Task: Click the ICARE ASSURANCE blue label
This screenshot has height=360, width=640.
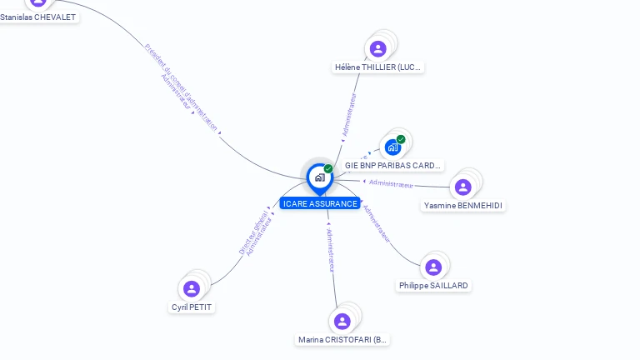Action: click(x=320, y=203)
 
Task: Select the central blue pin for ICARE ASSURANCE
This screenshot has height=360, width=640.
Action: click(x=319, y=177)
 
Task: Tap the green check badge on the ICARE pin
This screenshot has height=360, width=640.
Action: click(x=328, y=169)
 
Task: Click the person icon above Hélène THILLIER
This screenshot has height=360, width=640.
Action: click(x=377, y=48)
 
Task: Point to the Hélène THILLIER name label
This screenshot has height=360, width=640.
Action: click(x=378, y=67)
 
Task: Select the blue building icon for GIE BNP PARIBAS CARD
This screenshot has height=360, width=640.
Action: click(x=392, y=147)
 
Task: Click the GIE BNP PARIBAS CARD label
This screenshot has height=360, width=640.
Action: click(x=392, y=166)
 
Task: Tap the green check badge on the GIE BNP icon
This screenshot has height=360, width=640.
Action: click(x=401, y=139)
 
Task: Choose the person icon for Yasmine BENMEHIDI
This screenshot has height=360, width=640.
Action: click(x=463, y=187)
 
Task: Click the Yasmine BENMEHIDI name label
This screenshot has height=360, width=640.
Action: click(x=463, y=205)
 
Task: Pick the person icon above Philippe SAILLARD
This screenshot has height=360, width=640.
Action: click(x=433, y=267)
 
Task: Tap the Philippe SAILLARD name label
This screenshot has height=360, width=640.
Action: click(x=433, y=286)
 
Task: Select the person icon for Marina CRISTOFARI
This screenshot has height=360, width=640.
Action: click(x=342, y=321)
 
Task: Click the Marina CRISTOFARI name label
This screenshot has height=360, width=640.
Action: click(x=343, y=340)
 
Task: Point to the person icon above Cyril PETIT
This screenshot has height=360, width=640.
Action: click(x=192, y=288)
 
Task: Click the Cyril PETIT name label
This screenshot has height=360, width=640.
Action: click(x=192, y=307)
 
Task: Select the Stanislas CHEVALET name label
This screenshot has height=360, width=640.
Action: click(x=38, y=17)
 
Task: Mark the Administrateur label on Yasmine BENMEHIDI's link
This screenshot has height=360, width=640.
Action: click(x=391, y=183)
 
